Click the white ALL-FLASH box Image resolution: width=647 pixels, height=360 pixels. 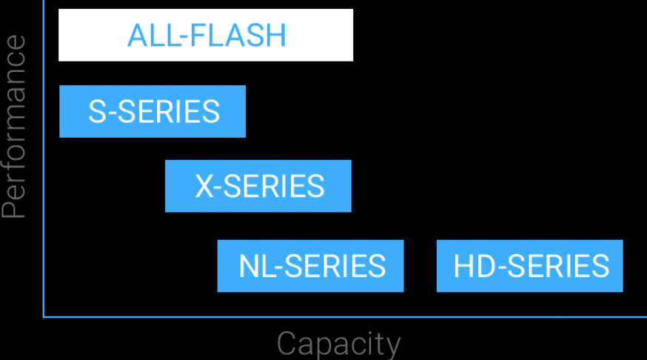coord(206,35)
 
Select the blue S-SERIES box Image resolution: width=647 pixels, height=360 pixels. coord(152,111)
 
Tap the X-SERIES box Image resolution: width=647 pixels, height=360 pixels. coord(258,186)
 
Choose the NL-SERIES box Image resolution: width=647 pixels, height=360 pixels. coord(310,265)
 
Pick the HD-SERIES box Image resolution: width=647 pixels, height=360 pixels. coord(529,265)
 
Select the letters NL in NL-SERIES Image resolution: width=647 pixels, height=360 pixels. coord(255,266)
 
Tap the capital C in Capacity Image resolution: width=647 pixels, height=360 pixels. coord(288,344)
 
